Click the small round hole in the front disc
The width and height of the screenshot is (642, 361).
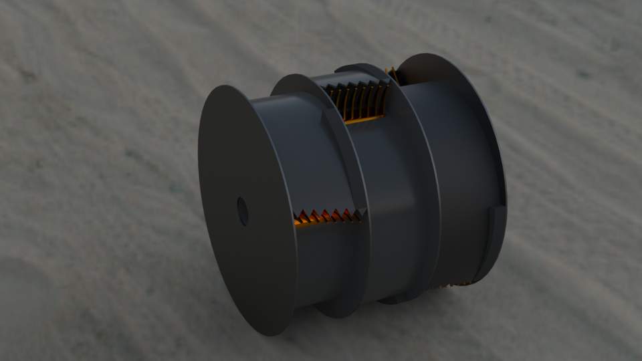coord(243,211)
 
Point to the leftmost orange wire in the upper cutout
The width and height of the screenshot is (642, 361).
coord(336,101)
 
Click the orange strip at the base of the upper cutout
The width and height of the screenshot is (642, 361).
coord(364,120)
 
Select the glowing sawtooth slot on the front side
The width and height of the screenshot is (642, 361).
coord(328,217)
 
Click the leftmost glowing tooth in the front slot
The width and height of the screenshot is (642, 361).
coord(300,217)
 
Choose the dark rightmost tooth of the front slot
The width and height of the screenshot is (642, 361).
coord(357,214)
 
